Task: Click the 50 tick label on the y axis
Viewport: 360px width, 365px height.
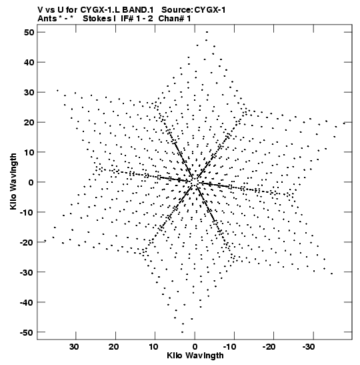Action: [x=29, y=32]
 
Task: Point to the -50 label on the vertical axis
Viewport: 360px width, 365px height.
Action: [x=27, y=332]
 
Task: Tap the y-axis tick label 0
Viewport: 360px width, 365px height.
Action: [x=31, y=182]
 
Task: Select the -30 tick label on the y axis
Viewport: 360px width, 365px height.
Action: [x=27, y=272]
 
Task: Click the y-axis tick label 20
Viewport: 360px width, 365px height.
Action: [x=29, y=122]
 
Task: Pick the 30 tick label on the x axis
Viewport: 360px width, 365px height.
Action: [x=75, y=346]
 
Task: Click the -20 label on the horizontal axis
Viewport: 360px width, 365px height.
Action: [x=269, y=346]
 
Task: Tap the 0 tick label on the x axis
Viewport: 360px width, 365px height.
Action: [x=195, y=346]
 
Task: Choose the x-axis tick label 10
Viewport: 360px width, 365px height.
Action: [x=153, y=346]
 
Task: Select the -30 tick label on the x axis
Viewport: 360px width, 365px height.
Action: [x=309, y=346]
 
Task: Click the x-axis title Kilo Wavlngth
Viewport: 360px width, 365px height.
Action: [x=195, y=356]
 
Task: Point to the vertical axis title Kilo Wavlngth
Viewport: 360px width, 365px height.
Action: [x=13, y=181]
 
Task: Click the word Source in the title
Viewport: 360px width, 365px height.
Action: [x=177, y=10]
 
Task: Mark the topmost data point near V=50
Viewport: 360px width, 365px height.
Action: [x=207, y=32]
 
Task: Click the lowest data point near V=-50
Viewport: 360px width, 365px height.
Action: [x=182, y=332]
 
